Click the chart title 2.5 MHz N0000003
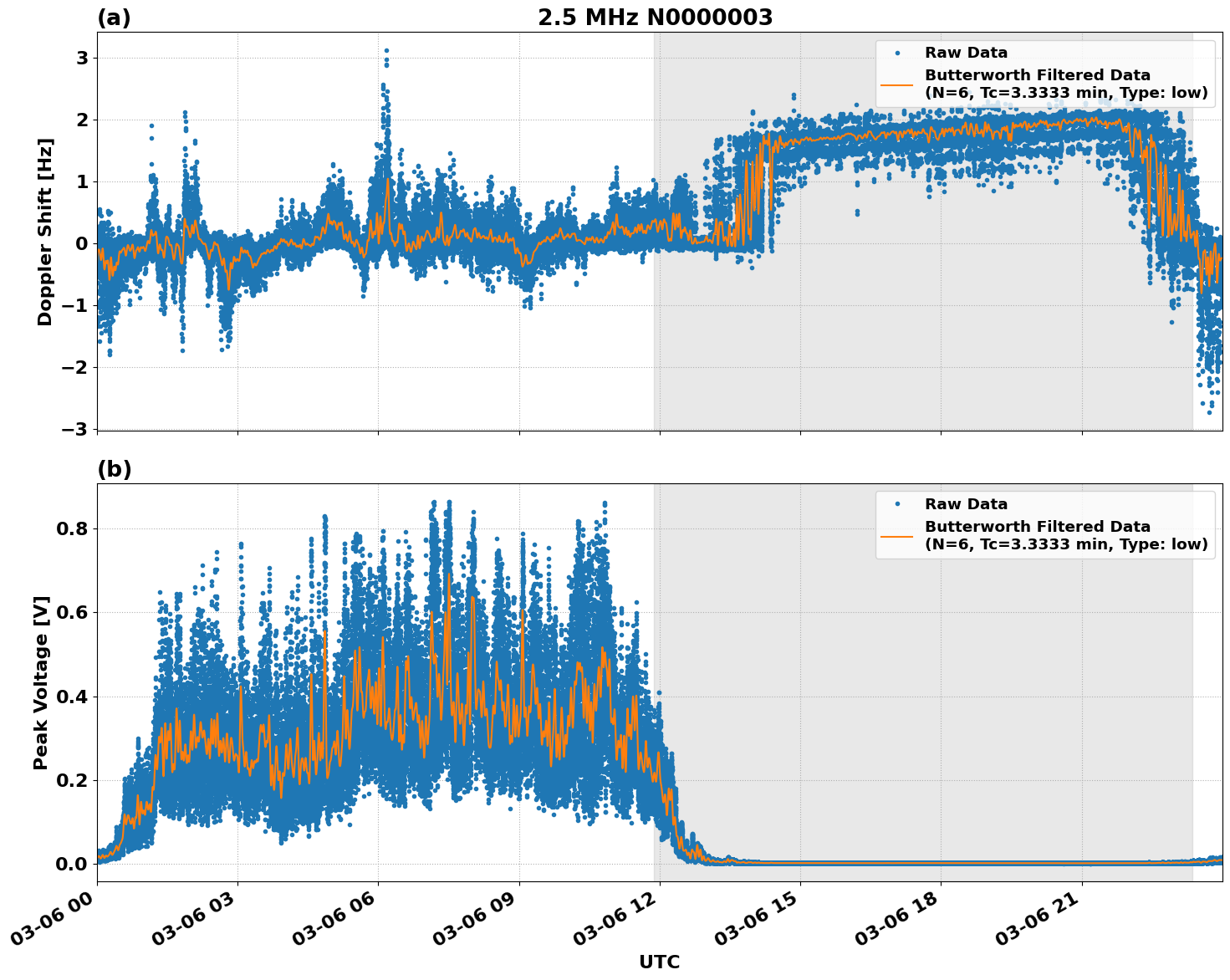pyautogui.click(x=655, y=18)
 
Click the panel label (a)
pyautogui.click(x=114, y=18)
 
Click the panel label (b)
pyautogui.click(x=114, y=469)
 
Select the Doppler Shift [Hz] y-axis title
pyautogui.click(x=45, y=232)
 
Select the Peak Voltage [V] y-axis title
pyautogui.click(x=41, y=682)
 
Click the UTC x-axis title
pyautogui.click(x=659, y=962)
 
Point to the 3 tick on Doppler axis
pyautogui.click(x=82, y=58)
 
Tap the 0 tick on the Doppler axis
pyautogui.click(x=82, y=243)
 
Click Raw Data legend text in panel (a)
pyautogui.click(x=966, y=53)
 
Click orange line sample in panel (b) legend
pyautogui.click(x=896, y=535)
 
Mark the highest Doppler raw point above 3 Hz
pyautogui.click(x=386, y=50)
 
